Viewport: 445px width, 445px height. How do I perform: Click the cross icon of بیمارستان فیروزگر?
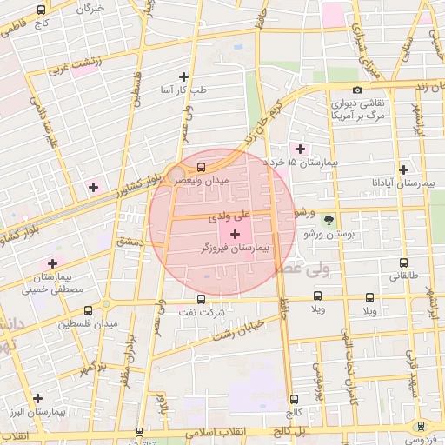coord(235,235)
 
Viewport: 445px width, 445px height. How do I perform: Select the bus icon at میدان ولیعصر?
coord(202,166)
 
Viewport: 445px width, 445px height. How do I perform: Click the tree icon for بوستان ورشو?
coord(329,221)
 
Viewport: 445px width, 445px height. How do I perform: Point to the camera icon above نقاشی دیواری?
coord(357,90)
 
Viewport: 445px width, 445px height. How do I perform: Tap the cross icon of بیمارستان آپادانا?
coord(403,169)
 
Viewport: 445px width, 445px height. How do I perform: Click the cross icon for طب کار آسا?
coord(183,76)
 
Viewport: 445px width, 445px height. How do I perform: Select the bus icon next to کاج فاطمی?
coord(42,10)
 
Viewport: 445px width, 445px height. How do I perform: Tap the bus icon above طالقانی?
coord(403,262)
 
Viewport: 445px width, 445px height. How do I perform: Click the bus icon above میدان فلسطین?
coord(89,309)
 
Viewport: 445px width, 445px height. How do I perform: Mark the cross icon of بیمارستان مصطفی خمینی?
coord(53,262)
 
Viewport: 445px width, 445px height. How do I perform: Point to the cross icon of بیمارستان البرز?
coord(37,398)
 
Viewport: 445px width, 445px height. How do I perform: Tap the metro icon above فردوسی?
coord(421,425)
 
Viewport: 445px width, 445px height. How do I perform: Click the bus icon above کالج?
coord(294,400)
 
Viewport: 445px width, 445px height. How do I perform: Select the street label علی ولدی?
coord(229,212)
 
